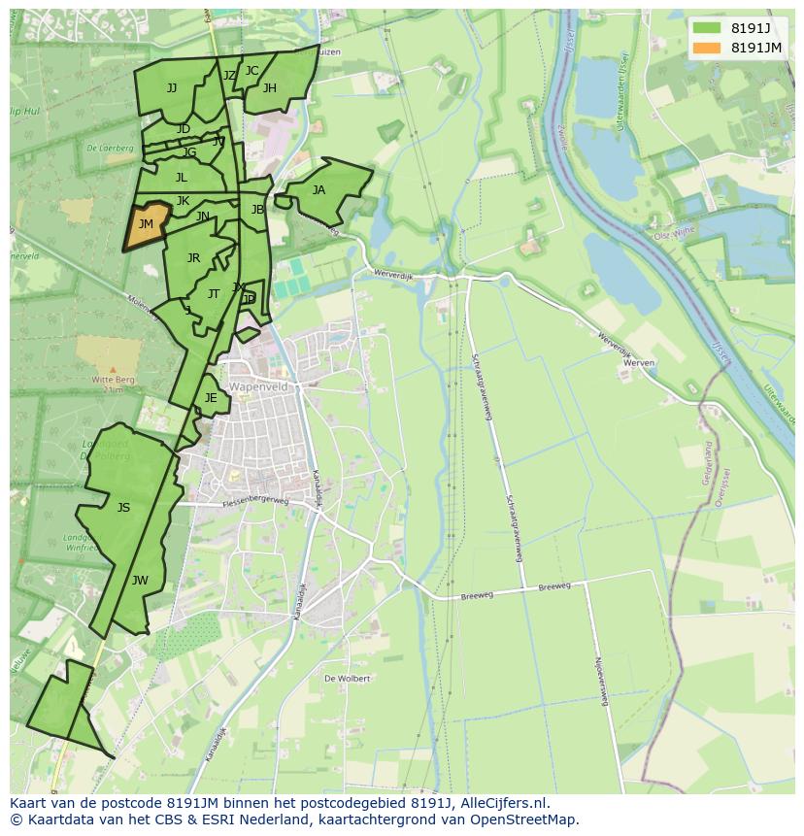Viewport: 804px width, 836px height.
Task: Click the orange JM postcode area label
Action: pyautogui.click(x=146, y=224)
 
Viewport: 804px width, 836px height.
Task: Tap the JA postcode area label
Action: pyautogui.click(x=318, y=190)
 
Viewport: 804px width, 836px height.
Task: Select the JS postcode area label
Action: pyautogui.click(x=123, y=508)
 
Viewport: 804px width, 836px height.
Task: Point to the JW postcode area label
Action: pyautogui.click(x=140, y=581)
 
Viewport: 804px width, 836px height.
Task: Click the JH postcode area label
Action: pyautogui.click(x=269, y=88)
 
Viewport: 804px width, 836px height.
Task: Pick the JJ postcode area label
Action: pyautogui.click(x=172, y=88)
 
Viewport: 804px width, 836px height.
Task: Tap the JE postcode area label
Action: pyautogui.click(x=211, y=398)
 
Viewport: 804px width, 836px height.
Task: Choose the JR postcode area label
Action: pyautogui.click(x=193, y=258)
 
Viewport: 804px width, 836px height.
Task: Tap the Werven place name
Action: pyautogui.click(x=640, y=362)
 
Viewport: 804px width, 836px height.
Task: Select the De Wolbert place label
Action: pyautogui.click(x=347, y=679)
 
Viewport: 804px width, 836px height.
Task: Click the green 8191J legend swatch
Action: pyautogui.click(x=708, y=27)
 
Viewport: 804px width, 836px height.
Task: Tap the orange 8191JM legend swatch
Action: pyautogui.click(x=708, y=47)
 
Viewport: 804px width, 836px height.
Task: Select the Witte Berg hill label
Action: pyautogui.click(x=113, y=380)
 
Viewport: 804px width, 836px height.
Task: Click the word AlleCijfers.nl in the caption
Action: pyautogui.click(x=505, y=803)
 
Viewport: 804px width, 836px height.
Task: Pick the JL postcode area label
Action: pyautogui.click(x=182, y=178)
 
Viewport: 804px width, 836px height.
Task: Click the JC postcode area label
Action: pyautogui.click(x=251, y=71)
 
